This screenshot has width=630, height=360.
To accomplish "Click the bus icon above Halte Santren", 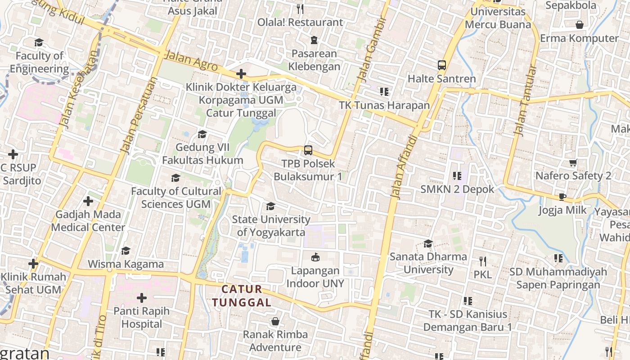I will point(442,65).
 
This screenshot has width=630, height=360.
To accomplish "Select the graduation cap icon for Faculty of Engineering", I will point(39,43).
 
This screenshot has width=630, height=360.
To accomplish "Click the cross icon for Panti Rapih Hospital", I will point(142,298).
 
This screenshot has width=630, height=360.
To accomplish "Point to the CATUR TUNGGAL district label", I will point(242,296).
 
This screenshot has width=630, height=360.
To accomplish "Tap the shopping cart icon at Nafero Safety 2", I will point(573,163).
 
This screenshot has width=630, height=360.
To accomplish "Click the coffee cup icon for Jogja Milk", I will point(562,197).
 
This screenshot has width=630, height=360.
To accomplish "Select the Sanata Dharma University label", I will point(428,263).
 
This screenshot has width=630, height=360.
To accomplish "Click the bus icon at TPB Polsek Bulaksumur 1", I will point(308,150).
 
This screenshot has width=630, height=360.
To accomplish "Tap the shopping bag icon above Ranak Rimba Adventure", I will point(275,321).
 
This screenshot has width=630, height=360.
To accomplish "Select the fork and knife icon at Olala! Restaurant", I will point(300,9).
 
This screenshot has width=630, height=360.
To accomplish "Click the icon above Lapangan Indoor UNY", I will point(315,257).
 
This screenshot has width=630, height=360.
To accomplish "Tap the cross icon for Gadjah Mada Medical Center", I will point(88,201).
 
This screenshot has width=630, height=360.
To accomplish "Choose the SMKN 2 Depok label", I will point(457,189).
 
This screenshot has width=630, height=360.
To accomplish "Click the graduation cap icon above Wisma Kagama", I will point(126,251).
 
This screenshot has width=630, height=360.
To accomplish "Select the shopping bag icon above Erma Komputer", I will point(580,25).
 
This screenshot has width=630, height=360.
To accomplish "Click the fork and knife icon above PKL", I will point(482,261).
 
